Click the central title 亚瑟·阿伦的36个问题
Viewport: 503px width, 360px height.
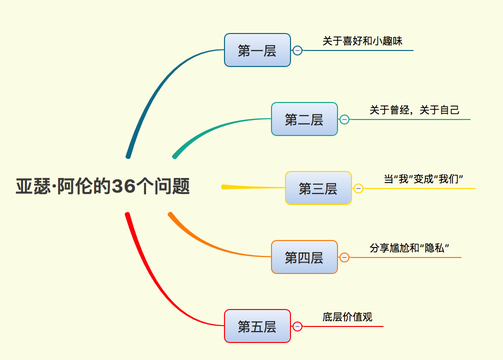coord(102,187)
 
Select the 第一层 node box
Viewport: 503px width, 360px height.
coord(257,50)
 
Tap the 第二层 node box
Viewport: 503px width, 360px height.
coord(304,119)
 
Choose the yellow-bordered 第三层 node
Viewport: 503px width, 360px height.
coord(318,188)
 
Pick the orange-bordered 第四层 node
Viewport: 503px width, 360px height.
coord(304,257)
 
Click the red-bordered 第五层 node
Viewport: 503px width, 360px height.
coord(257,326)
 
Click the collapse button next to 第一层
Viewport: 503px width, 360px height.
coord(297,50)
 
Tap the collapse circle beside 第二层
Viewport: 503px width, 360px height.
coord(344,119)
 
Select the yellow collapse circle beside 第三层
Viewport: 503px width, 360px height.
coord(358,188)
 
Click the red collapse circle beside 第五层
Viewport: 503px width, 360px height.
coord(297,326)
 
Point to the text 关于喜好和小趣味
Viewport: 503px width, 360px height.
coord(362,41)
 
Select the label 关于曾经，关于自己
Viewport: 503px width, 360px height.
coord(414,110)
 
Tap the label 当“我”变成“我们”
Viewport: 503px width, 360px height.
coord(424,179)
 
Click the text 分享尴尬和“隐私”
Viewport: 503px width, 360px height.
coord(409,248)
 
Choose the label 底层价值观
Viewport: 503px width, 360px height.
coord(347,317)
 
